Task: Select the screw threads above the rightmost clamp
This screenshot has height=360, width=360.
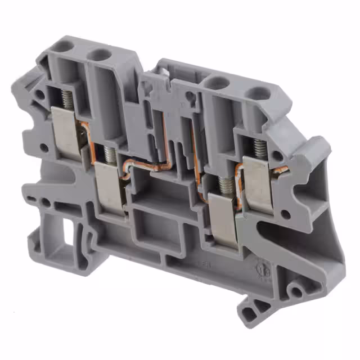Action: [x=260, y=148]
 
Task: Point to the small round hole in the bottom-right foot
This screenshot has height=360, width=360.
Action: [x=292, y=290]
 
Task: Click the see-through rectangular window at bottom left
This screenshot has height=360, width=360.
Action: [x=67, y=231]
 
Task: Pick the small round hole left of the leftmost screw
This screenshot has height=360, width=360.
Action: [x=44, y=148]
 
